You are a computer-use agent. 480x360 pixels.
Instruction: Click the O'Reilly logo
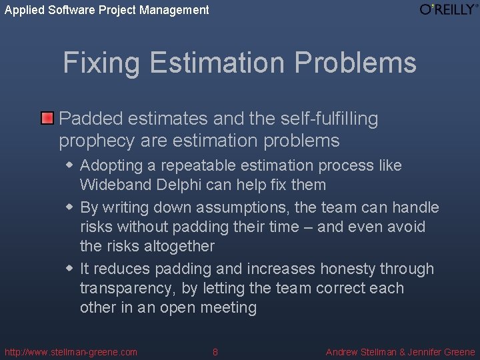click(449, 9)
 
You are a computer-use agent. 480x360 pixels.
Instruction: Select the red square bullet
click(47, 119)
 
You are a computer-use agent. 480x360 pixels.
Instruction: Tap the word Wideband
click(109, 185)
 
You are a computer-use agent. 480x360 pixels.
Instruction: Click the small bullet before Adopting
click(69, 165)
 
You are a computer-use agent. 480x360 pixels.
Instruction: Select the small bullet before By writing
click(69, 207)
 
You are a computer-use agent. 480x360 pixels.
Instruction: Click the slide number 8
click(215, 352)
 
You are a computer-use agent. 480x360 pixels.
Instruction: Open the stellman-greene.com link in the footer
click(71, 352)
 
